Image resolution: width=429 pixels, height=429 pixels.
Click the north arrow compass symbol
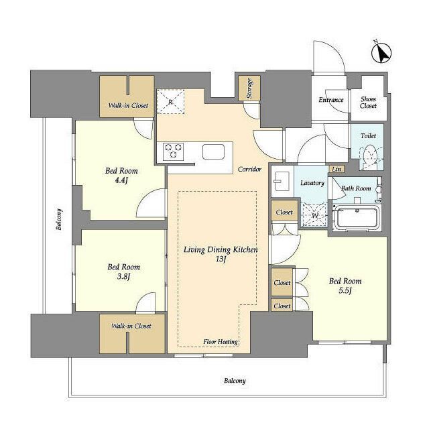point(381,52)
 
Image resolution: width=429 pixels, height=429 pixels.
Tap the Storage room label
point(249,88)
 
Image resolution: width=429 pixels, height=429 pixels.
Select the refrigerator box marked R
point(170,101)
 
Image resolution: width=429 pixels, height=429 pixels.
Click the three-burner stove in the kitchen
point(173,151)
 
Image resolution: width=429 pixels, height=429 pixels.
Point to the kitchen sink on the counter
point(213,152)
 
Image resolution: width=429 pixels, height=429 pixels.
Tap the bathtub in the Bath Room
point(356,219)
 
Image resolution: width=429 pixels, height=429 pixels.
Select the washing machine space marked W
point(314,215)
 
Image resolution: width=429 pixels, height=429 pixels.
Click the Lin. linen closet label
point(336,170)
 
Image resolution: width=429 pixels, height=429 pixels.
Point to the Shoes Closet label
point(368,103)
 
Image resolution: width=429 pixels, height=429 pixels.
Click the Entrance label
point(331,100)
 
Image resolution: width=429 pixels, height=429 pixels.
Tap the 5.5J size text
point(345,290)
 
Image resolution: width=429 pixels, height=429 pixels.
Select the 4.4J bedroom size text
point(121,180)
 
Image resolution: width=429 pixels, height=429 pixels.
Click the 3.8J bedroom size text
point(123,276)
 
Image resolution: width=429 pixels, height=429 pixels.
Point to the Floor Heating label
point(221,342)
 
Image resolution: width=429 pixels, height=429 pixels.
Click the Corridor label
point(249,170)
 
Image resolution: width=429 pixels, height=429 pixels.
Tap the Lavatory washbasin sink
point(282,181)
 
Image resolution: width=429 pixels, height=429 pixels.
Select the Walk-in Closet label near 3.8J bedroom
point(131,326)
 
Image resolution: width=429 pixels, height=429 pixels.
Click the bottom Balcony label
point(235,381)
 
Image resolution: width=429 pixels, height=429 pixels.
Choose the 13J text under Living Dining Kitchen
point(221,259)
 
